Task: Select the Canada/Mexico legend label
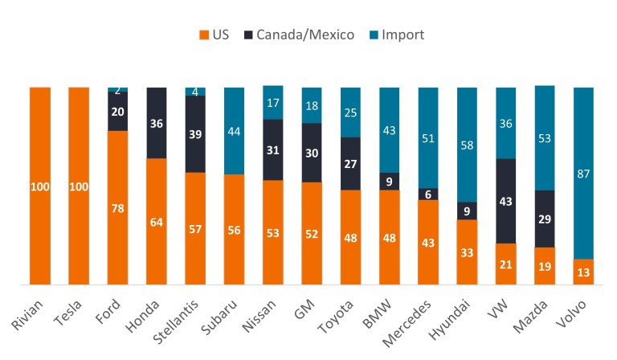pyautogui.click(x=306, y=35)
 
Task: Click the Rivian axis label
pyautogui.click(x=25, y=316)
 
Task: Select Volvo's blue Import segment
pyautogui.click(x=583, y=173)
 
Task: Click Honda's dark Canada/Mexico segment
pyautogui.click(x=157, y=123)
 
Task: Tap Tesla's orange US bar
pyautogui.click(x=79, y=186)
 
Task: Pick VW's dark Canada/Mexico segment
pyautogui.click(x=505, y=201)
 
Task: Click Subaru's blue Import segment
pyautogui.click(x=235, y=130)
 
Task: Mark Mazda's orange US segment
pyautogui.click(x=545, y=266)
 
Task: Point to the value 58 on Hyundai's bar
pyautogui.click(x=467, y=145)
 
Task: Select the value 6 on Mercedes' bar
pyautogui.click(x=428, y=194)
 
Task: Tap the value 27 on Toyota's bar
pyautogui.click(x=350, y=164)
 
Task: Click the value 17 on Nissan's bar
pyautogui.click(x=273, y=102)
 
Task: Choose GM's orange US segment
pyautogui.click(x=312, y=233)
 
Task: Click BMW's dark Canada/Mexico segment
pyautogui.click(x=389, y=181)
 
